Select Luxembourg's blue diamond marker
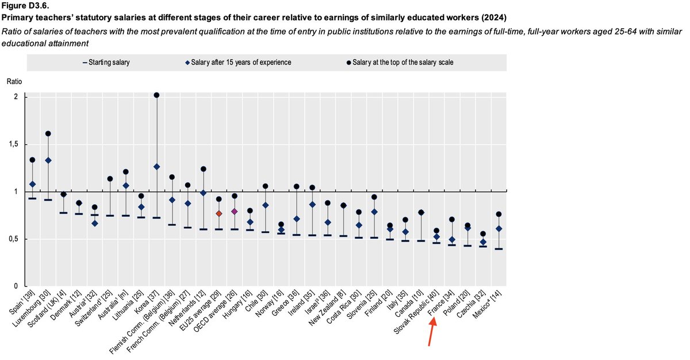click(48, 160)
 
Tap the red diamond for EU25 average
click(219, 213)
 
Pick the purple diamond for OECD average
click(235, 212)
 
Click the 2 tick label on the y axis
click(16, 97)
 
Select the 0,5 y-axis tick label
click(14, 239)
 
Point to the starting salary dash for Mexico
click(498, 249)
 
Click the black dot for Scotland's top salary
click(64, 194)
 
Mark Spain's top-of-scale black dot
click(33, 160)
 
